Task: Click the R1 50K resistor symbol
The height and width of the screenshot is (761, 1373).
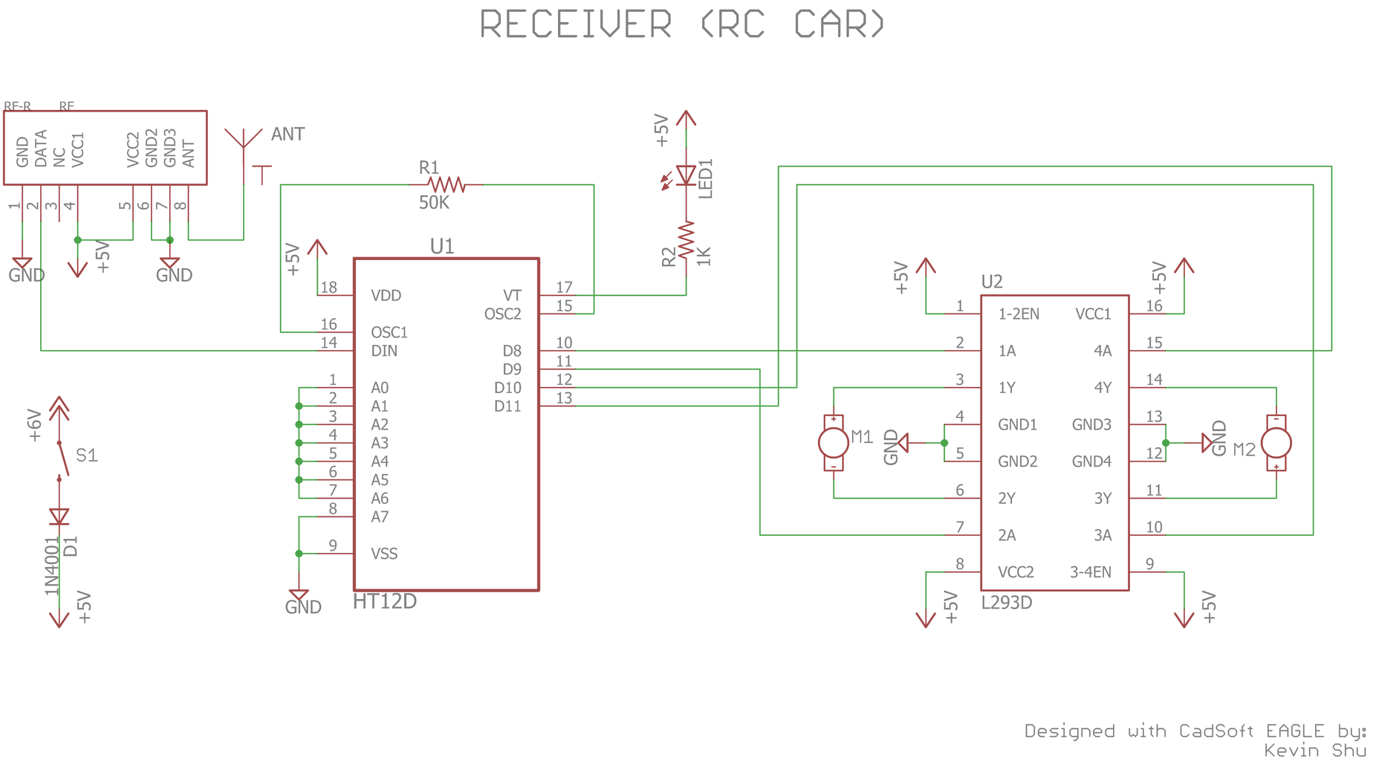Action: [447, 184]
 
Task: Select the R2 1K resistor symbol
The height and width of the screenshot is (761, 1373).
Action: [686, 240]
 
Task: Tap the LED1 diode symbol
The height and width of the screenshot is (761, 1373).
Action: [686, 176]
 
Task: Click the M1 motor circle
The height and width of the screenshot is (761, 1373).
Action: [834, 443]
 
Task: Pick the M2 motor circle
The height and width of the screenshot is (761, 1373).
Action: [1276, 443]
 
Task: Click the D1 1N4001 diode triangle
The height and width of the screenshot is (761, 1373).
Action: [59, 516]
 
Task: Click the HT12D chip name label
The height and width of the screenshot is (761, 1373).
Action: [384, 602]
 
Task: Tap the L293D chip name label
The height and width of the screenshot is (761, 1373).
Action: [1007, 603]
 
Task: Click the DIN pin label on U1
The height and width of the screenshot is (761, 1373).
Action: [384, 351]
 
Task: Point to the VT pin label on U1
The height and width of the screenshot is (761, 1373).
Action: [512, 295]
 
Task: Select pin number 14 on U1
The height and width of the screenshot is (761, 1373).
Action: [328, 343]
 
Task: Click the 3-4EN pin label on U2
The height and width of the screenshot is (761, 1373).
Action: [1090, 572]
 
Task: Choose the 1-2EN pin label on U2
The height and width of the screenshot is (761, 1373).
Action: [1019, 314]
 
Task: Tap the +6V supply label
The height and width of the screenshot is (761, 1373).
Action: [34, 425]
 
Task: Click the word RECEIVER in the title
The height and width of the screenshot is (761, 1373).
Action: [576, 25]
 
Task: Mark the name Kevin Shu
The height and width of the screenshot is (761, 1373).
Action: [1315, 751]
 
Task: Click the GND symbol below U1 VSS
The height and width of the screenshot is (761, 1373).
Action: [299, 596]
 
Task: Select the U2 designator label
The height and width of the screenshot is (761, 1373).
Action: [992, 282]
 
